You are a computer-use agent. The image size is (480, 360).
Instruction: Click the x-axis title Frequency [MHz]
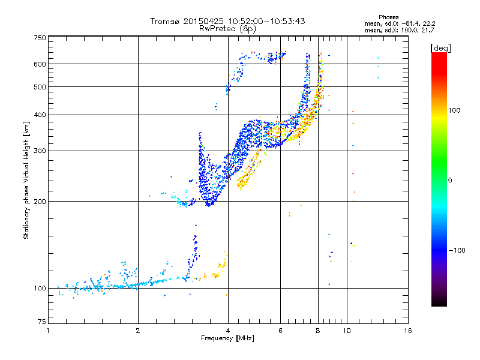227,338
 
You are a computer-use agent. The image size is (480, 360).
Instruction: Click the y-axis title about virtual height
26,180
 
